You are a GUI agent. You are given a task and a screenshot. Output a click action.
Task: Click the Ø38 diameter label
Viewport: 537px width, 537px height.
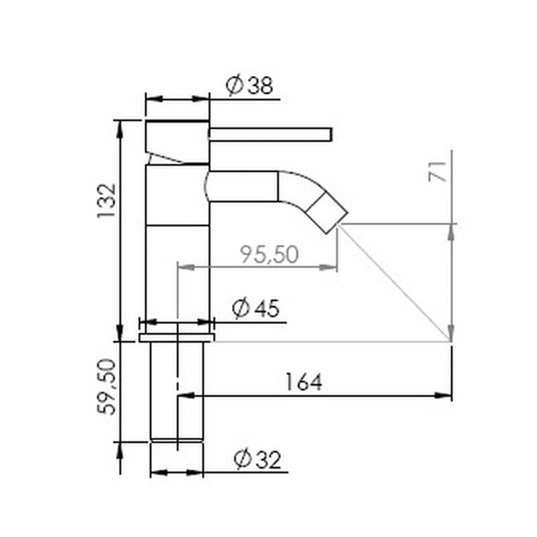coord(249,85)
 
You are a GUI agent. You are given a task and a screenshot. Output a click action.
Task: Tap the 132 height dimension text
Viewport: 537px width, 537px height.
coord(107,201)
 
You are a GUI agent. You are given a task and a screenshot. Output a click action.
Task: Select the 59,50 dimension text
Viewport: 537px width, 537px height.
coord(107,387)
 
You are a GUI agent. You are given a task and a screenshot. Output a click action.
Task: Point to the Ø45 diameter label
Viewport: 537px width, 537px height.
coord(256,308)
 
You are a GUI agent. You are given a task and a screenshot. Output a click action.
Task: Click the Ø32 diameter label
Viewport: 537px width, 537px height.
coord(257,459)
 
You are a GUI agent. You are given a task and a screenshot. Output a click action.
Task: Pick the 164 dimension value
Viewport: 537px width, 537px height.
coord(304,382)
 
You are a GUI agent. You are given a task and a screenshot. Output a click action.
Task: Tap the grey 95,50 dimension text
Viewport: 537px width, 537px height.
coord(269,254)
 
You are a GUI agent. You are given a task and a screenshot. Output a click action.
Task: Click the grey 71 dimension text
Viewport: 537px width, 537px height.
coord(437,171)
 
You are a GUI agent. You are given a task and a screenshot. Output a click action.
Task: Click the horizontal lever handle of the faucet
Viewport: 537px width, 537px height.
coord(271,134)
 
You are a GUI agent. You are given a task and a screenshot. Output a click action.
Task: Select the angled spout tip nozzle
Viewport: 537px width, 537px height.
coord(327,213)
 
